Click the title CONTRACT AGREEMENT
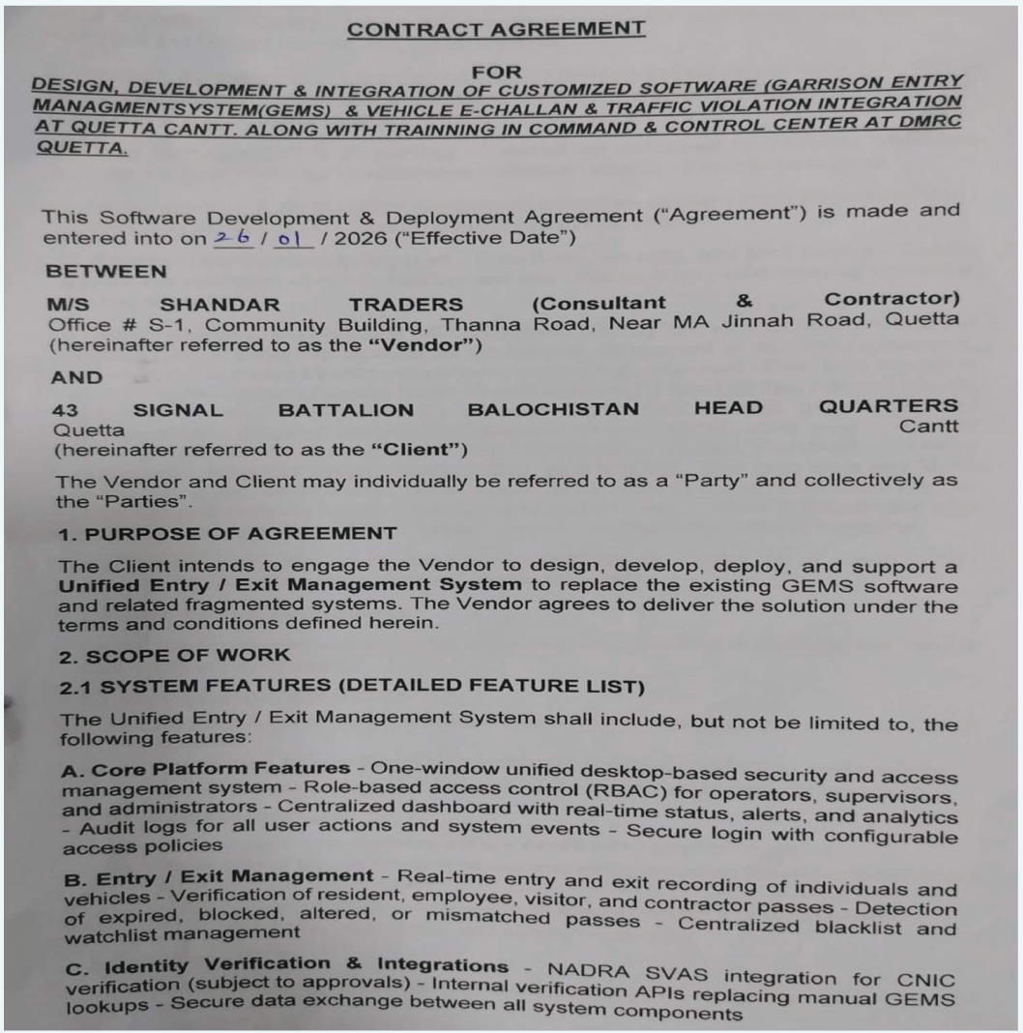click(496, 29)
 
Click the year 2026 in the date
click(343, 238)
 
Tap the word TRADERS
click(406, 306)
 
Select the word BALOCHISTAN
click(553, 409)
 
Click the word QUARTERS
click(889, 406)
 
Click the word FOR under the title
click(496, 72)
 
